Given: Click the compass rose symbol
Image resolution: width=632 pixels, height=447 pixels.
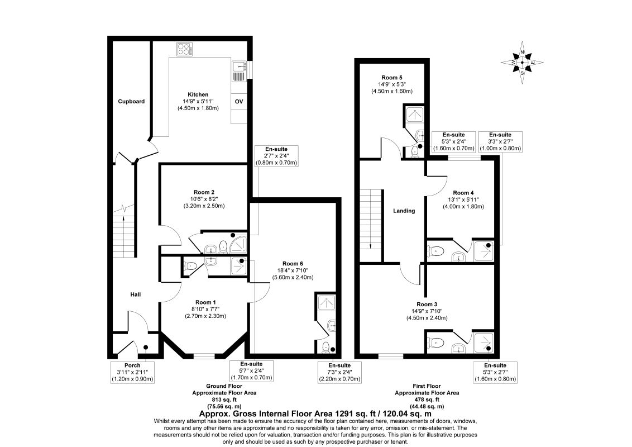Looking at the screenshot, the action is tap(522, 62).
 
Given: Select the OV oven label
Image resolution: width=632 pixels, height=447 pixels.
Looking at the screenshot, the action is tap(239, 102).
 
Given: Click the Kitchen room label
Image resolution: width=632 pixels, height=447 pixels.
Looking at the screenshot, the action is tap(198, 95).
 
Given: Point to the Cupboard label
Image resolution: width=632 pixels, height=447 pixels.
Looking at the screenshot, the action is tap(131, 102).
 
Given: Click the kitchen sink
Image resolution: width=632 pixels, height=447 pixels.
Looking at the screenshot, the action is tap(239, 70).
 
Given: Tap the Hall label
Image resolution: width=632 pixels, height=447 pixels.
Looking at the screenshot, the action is tap(136, 295).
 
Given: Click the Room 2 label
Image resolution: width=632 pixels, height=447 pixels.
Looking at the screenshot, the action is tap(204, 192).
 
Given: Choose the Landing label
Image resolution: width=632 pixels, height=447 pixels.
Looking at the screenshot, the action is tap(404, 211).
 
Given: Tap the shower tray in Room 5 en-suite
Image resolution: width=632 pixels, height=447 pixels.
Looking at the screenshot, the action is tap(414, 115).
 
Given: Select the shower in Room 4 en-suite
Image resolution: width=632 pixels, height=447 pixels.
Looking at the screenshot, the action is tap(483, 250).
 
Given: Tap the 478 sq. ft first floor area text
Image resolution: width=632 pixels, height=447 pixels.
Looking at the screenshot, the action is tap(427, 400).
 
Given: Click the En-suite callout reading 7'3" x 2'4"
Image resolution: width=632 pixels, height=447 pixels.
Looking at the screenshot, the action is tap(339, 372).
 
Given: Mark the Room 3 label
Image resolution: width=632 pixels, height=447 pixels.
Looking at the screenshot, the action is tap(427, 304).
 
